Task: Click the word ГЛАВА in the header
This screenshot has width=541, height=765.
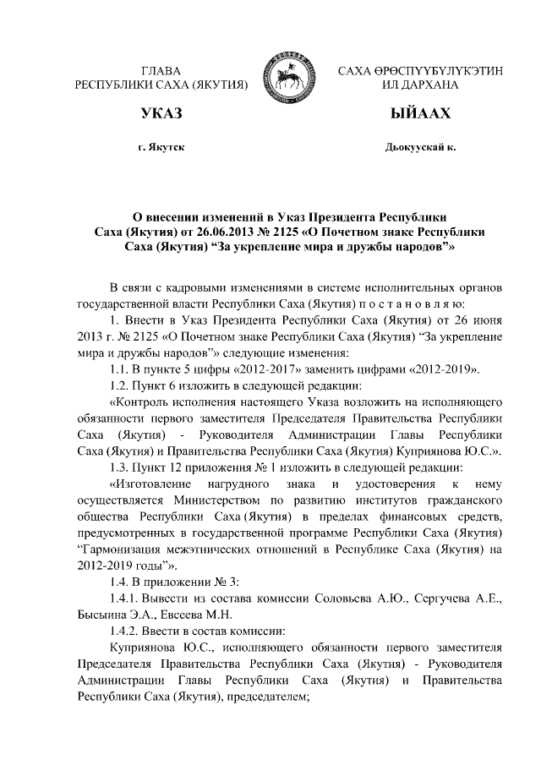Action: [x=161, y=70]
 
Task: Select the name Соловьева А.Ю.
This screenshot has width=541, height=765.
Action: [x=364, y=599]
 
